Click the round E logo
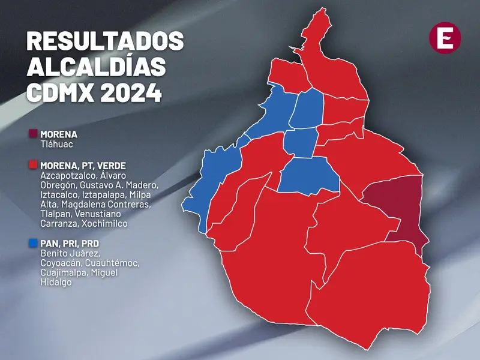coord(446,38)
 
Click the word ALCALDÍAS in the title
coord(96,67)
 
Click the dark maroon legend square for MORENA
coord(33,133)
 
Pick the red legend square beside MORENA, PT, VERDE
coord(33,164)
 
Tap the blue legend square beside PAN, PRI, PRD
coord(33,244)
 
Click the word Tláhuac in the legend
coord(56,144)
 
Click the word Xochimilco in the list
coord(102,223)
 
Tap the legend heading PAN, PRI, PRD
coord(70,244)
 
